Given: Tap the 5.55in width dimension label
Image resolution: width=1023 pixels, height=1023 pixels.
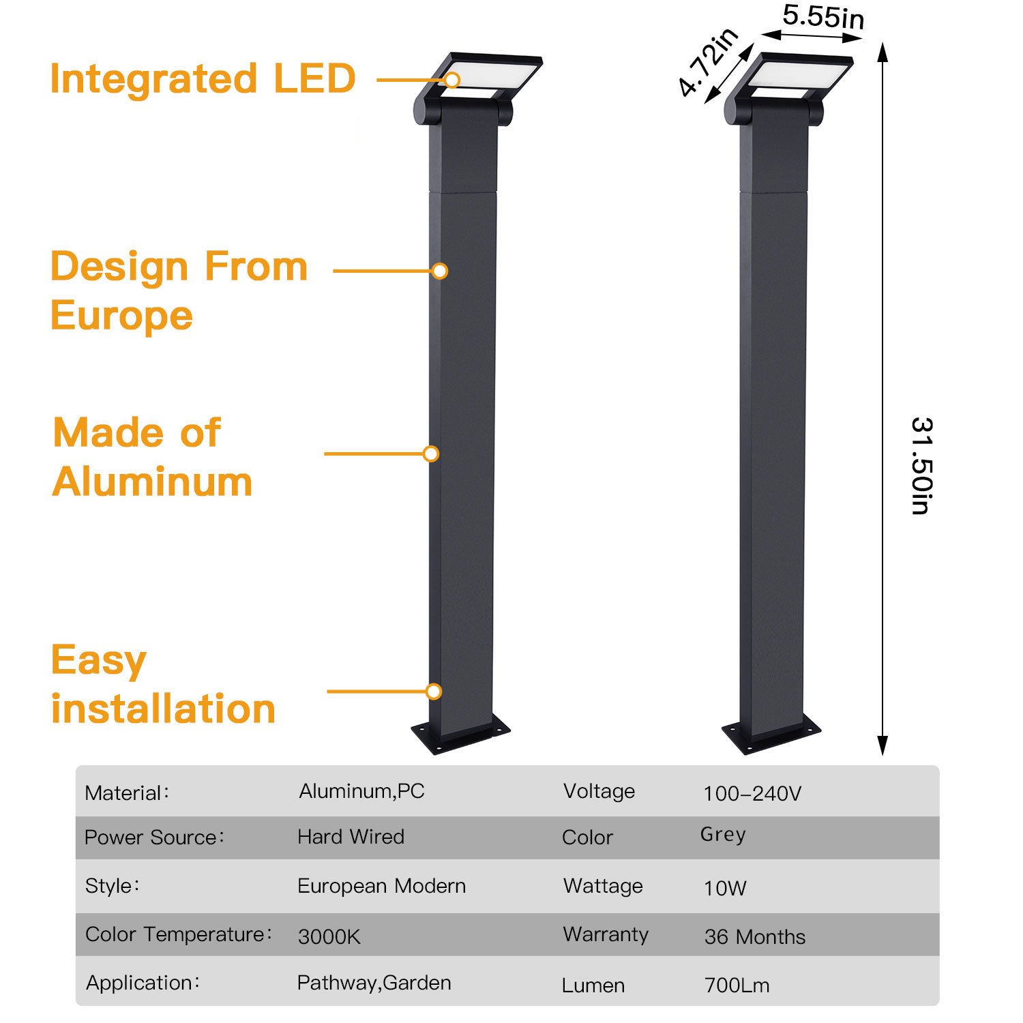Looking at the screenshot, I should [823, 16].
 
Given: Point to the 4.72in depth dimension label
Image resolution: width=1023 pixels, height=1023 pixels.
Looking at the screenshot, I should [708, 63].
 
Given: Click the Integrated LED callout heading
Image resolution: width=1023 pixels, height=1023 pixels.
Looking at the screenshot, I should [203, 78].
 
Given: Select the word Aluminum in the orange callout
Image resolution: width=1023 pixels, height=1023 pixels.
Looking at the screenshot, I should [153, 482].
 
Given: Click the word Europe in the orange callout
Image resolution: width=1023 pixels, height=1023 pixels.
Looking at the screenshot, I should [122, 316].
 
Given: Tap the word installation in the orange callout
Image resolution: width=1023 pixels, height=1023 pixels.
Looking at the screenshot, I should [164, 709].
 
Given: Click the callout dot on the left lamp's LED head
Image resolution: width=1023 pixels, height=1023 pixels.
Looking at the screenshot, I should [452, 80].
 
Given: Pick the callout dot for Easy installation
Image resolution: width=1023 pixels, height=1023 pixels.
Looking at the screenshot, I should [434, 692].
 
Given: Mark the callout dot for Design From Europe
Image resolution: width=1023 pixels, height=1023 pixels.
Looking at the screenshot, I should [440, 271].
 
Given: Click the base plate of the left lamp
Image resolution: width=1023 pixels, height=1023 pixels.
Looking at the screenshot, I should [461, 737].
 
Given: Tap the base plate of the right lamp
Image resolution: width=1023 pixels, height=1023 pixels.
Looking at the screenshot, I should [772, 737].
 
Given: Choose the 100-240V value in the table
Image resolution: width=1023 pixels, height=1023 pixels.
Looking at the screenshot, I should [752, 793].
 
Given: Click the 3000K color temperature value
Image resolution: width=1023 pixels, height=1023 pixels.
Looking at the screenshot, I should [329, 937].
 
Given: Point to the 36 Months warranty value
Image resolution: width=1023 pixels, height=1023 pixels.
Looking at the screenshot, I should [754, 937].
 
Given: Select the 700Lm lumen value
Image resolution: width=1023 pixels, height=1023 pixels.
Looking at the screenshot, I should [737, 985].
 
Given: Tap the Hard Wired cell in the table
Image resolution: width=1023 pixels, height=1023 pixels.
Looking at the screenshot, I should [351, 837].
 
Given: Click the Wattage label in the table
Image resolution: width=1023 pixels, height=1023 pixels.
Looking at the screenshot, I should [603, 886].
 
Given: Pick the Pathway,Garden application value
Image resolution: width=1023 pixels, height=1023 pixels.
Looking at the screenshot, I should [374, 983].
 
